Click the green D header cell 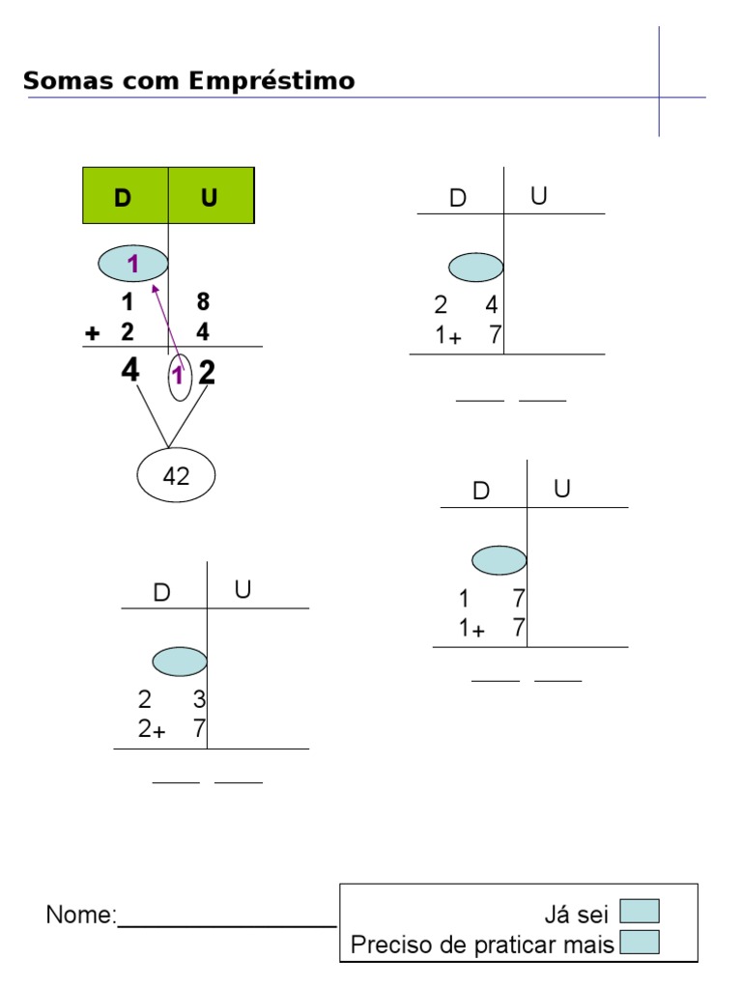(125, 196)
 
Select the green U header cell (211, 196)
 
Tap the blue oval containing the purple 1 (133, 262)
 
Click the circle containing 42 (176, 475)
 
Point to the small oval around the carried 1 (180, 377)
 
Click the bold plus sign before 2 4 (93, 334)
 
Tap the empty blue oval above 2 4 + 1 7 (475, 267)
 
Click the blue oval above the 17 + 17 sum (499, 560)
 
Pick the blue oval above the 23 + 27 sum (180, 662)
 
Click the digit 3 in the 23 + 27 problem (199, 699)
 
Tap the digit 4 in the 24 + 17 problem (491, 307)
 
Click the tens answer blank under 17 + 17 (495, 681)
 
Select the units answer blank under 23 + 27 (239, 781)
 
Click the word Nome (80, 915)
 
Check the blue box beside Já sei (639, 911)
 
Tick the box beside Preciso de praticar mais (639, 942)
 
